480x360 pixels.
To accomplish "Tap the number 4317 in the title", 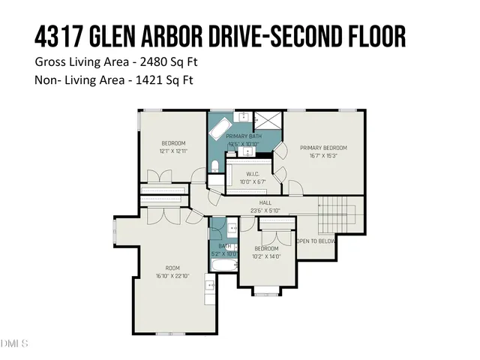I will (x=58, y=35).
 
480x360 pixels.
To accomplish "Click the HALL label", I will (x=265, y=202).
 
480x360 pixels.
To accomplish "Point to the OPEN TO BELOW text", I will (x=316, y=241).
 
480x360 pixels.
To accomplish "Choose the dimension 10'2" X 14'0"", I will (x=265, y=256).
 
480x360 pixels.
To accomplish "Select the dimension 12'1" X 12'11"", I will (x=173, y=151).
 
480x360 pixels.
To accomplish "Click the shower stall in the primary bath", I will (x=265, y=120).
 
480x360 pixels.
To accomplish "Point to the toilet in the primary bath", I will (x=214, y=166).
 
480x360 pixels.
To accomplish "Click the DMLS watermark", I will (x=13, y=343).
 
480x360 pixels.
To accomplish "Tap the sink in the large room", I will (x=210, y=286).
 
